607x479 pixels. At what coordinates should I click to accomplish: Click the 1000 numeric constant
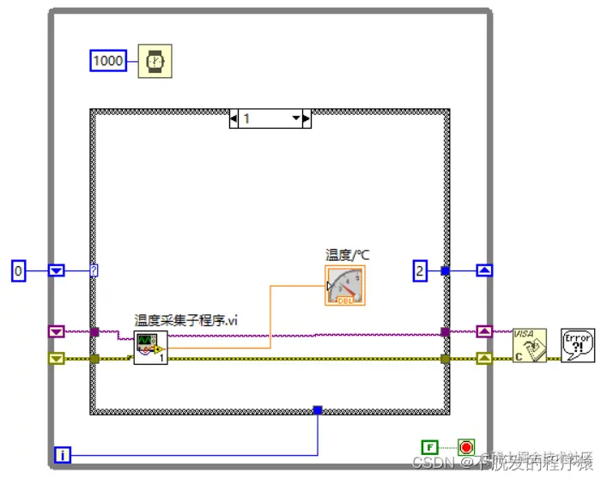[108, 60]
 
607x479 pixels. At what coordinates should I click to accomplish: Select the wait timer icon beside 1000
[155, 60]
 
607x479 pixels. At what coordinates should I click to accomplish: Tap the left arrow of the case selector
[234, 118]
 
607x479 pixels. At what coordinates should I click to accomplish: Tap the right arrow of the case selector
[307, 118]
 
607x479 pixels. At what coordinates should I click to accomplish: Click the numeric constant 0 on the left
[19, 271]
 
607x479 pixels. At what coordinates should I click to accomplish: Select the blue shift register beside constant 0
[56, 271]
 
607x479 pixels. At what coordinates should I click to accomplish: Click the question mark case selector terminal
[94, 271]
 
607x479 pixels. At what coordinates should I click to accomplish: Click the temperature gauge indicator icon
[345, 285]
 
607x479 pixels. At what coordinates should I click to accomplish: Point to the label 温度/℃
[347, 255]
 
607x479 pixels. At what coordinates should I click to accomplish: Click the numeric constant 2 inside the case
[420, 271]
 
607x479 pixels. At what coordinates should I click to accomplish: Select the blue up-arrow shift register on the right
[484, 271]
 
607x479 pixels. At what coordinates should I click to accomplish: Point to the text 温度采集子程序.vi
[185, 320]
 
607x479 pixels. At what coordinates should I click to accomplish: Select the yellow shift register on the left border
[56, 358]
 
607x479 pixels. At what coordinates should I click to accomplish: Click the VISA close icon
[530, 345]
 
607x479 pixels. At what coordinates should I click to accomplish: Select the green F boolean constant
[429, 446]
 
